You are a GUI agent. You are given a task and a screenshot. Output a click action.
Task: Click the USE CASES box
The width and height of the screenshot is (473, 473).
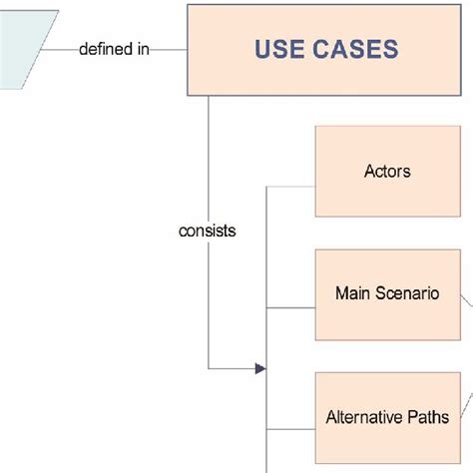[x=326, y=50]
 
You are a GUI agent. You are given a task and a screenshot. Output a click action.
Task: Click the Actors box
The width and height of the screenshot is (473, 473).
[x=387, y=171]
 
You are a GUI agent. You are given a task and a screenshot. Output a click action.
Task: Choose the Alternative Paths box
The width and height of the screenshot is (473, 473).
[x=387, y=417]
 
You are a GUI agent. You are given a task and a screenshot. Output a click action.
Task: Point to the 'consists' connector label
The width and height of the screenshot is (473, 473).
[x=208, y=231]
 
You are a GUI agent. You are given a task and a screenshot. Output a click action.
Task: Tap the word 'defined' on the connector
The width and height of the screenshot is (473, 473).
[x=107, y=48]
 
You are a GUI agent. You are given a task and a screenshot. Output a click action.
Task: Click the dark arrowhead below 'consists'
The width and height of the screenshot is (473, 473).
[x=260, y=369]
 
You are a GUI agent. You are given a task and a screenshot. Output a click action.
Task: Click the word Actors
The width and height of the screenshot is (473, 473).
[x=387, y=171]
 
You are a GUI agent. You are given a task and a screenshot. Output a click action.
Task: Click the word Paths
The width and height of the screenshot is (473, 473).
[x=431, y=417]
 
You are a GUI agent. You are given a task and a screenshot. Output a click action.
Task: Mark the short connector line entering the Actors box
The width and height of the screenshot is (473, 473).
[x=290, y=185]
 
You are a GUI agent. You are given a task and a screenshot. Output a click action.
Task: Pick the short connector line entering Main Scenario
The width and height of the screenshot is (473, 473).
[x=290, y=308]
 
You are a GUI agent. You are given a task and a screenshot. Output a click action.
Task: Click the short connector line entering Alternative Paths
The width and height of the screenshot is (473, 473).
[x=290, y=431]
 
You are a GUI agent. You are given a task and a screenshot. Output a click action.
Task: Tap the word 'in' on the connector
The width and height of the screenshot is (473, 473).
[x=143, y=48]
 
